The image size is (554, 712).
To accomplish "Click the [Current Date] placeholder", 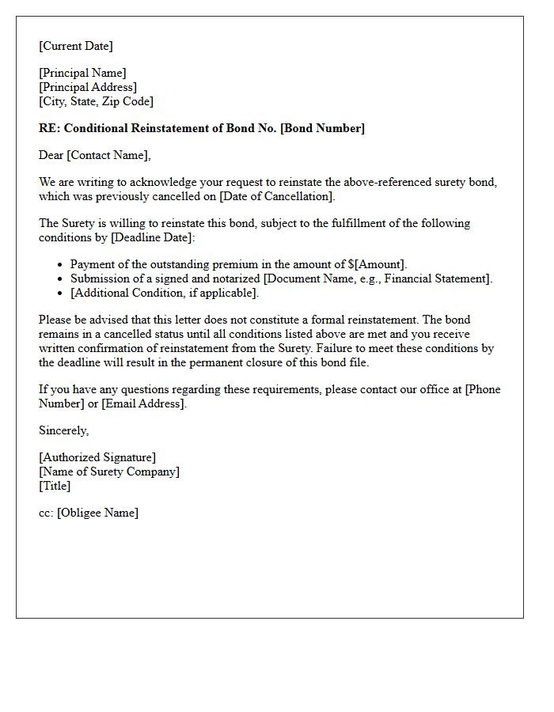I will pos(76,46).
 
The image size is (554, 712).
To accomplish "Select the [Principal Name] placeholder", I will pos(82,73).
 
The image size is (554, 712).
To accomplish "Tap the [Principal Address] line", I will pos(88,87).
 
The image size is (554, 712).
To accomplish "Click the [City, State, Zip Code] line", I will pos(97,101).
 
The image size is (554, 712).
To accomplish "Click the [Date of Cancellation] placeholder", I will pos(268,196).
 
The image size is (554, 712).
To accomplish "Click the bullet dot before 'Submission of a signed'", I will pos(61,279).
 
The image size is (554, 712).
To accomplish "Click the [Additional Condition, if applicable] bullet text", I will pos(164,293).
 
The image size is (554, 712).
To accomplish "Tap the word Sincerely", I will pos(63,430).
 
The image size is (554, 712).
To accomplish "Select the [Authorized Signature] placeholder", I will pos(97,457).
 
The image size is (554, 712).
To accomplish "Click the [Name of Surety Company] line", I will pos(109,472).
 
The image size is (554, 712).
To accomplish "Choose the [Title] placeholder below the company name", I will pos(55,486).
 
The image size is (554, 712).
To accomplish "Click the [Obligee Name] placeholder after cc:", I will pos(97,513).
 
